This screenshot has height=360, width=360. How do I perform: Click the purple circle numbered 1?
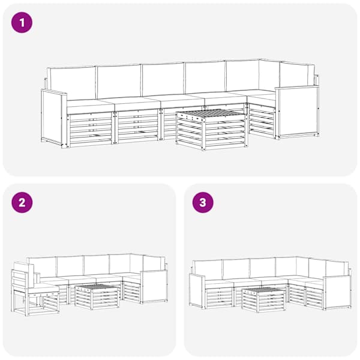[22, 23]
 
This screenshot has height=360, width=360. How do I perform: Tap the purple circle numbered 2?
[22, 203]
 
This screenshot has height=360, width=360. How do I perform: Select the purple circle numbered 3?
[203, 203]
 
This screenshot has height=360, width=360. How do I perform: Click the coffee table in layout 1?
[212, 130]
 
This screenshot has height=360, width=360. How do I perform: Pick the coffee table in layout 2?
[97, 297]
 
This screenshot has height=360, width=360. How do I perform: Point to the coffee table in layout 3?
[264, 299]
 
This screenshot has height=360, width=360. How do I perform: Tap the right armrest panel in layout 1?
[297, 112]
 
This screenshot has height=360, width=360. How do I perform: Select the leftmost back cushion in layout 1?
[71, 83]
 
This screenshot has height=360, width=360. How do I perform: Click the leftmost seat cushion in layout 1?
[91, 106]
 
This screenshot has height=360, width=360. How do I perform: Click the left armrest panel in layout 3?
[197, 291]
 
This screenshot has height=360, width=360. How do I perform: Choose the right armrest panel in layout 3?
[337, 293]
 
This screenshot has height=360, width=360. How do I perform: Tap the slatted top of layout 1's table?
[210, 113]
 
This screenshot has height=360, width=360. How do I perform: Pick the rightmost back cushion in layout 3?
[337, 269]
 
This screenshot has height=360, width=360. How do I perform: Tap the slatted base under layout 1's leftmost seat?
[91, 130]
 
